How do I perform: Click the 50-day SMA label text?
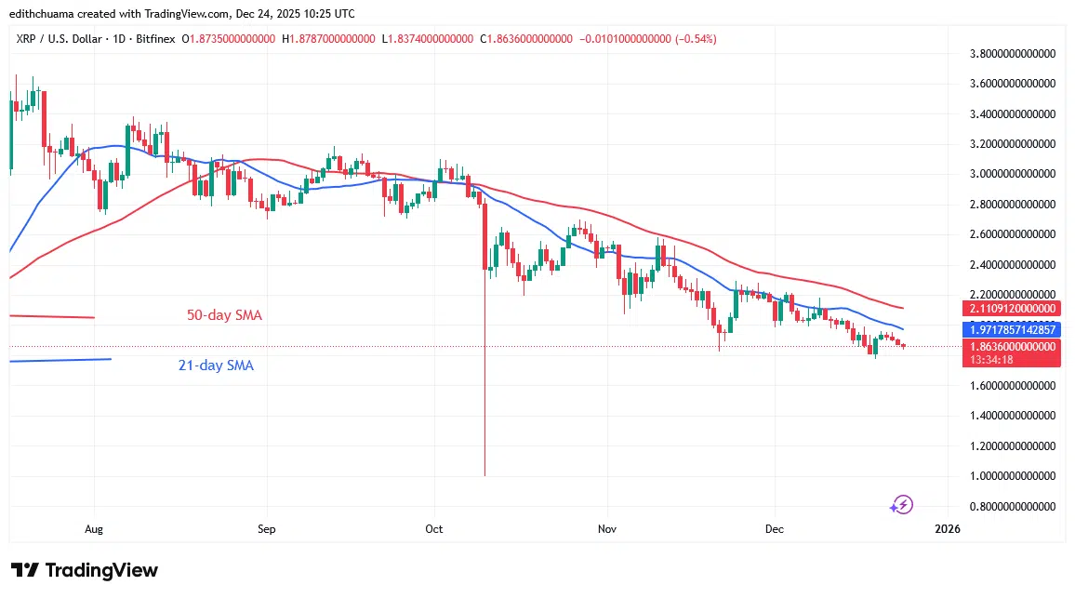[x=224, y=315]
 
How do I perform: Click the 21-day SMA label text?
[x=216, y=365]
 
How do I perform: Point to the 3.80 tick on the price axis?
[x=1012, y=54]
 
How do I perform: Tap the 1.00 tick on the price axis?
[x=1012, y=476]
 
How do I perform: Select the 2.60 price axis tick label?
[x=1012, y=234]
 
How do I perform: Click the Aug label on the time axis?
[x=94, y=529]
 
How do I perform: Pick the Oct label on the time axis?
[x=433, y=529]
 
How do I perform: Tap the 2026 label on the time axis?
[x=947, y=529]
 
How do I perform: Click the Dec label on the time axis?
[x=774, y=529]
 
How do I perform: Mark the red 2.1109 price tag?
[x=1012, y=308]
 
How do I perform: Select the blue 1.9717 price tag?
[x=1012, y=329]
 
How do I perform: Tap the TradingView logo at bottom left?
[x=85, y=570]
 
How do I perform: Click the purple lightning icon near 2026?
[x=901, y=505]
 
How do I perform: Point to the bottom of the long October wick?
[x=484, y=475]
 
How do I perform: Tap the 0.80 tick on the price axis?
[x=1012, y=506]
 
